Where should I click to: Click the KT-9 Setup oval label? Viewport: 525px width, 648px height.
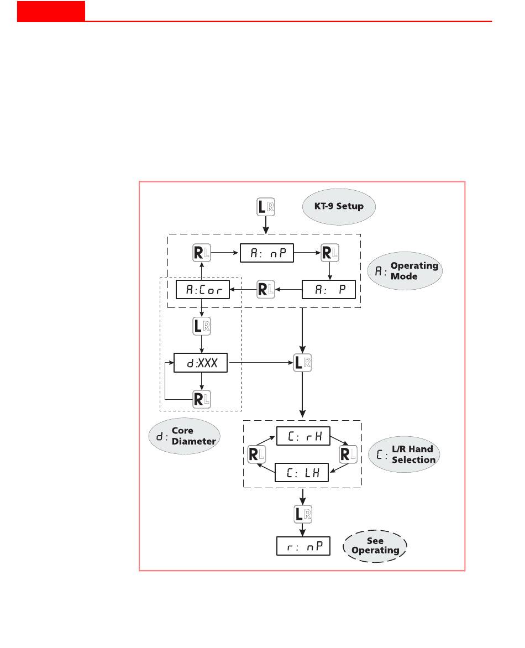[339, 207]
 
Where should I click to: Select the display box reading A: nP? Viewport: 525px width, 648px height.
[266, 254]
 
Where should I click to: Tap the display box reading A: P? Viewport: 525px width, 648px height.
[328, 289]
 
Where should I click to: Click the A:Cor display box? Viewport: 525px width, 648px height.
[202, 289]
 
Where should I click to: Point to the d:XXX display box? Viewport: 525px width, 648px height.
[201, 362]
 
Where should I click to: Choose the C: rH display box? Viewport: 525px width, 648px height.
[303, 436]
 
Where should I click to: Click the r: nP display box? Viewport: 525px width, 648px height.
[303, 546]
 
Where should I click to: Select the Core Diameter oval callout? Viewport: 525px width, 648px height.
[185, 437]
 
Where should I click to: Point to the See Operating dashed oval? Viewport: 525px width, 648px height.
[375, 546]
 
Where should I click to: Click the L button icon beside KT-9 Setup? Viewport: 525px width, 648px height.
[266, 207]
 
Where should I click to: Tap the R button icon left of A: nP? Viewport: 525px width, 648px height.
[201, 254]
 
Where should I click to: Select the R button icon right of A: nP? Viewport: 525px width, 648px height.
[330, 254]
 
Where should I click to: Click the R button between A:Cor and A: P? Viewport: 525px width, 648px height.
[266, 289]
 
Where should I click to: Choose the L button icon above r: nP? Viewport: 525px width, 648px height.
[303, 514]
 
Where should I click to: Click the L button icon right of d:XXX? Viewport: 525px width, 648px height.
[303, 363]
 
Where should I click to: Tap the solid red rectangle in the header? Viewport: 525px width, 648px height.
[51, 11]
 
